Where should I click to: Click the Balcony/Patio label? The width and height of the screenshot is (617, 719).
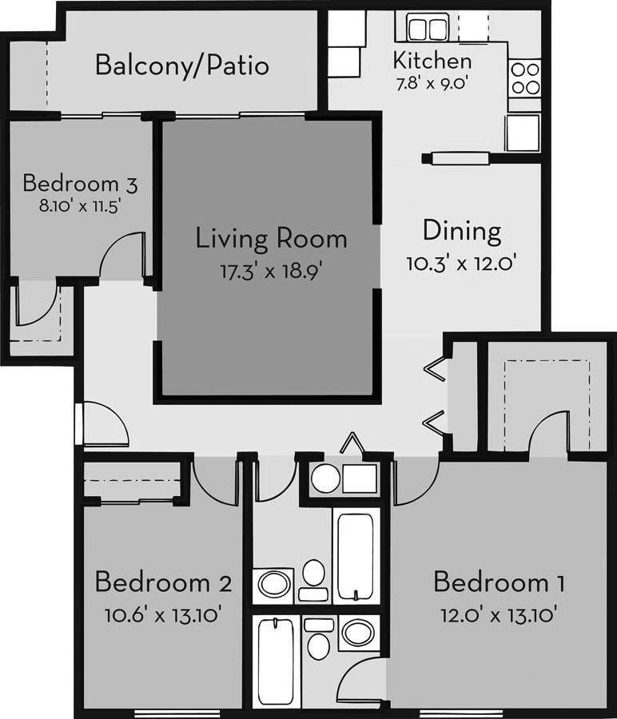[181, 65]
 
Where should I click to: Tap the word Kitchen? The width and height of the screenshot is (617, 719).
[432, 60]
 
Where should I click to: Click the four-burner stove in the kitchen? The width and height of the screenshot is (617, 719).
[524, 77]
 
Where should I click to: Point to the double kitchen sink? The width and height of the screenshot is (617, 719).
[427, 29]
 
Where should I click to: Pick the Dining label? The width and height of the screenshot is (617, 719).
[462, 232]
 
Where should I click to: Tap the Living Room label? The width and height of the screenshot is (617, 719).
[272, 238]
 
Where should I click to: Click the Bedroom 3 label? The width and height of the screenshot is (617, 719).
[80, 183]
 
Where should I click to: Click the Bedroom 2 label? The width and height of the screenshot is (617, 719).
[163, 582]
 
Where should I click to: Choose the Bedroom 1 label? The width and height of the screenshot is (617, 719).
[499, 582]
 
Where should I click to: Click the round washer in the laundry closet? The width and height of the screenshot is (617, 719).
[325, 479]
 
